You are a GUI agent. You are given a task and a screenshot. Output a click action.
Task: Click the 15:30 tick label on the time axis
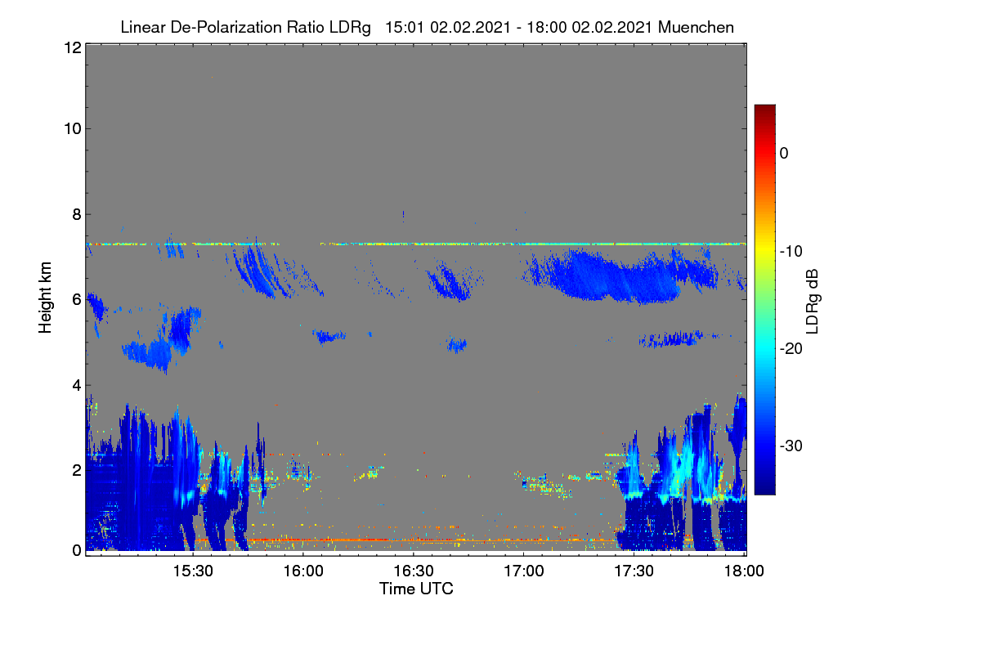coord(193,571)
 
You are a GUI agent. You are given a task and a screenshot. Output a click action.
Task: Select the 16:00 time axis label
coord(303,571)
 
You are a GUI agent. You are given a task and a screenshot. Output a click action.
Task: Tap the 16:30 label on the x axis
coord(414,571)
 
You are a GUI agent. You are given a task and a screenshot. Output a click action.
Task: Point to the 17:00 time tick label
coord(524,571)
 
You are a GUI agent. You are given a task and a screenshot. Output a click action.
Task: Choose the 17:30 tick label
coord(634,571)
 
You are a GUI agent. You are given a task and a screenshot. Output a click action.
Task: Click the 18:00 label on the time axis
coord(744,571)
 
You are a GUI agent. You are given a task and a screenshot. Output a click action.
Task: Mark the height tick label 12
coord(73,47)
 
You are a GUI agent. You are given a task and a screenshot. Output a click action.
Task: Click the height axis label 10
coord(73,129)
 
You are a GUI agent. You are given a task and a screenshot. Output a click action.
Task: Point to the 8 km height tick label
coord(77,214)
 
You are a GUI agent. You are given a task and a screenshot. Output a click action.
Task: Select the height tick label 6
coord(77,300)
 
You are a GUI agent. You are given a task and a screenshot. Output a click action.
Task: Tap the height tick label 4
coord(77,386)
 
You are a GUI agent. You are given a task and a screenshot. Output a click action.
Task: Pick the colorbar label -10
coord(791,252)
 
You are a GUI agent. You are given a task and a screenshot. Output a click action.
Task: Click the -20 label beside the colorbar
coord(791,349)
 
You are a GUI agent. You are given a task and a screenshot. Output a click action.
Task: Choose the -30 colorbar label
coord(791,446)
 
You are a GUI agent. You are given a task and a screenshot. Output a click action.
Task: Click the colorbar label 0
coord(784,154)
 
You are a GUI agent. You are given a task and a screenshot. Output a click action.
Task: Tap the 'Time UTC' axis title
coord(416,589)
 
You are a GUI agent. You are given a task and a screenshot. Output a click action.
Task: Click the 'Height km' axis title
coord(45,298)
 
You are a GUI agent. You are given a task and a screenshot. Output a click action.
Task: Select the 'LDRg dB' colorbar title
coord(813,302)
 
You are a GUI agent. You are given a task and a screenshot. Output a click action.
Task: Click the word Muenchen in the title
coord(696,27)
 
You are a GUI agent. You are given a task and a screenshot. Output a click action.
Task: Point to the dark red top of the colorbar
coord(764,108)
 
